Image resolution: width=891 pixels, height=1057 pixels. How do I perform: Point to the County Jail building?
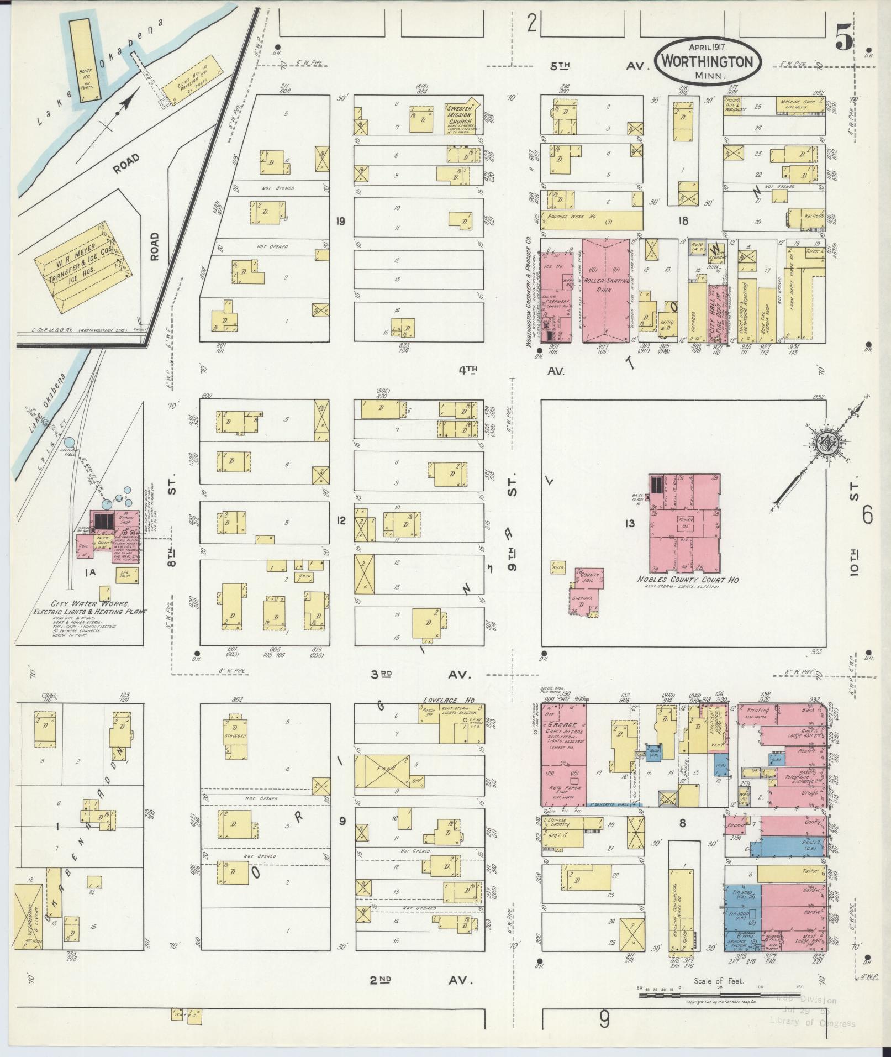589,577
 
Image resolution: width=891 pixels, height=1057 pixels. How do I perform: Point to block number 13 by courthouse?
630,523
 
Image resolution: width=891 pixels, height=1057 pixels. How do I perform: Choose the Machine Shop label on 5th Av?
798,102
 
